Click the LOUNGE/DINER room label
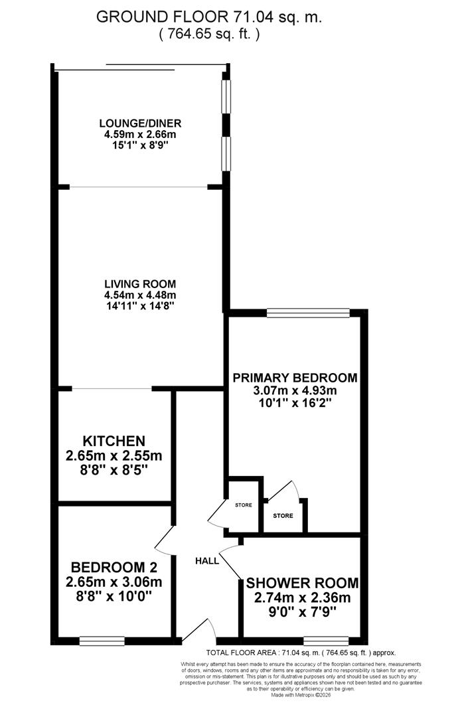point(140,123)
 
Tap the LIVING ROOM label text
point(140,283)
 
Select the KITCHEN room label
point(114,441)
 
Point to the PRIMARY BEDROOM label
point(295,378)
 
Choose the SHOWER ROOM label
point(302,584)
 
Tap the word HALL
point(207,561)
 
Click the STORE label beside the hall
point(244,505)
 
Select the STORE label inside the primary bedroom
point(283,515)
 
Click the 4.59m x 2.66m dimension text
point(140,135)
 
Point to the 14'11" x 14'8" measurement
point(140,306)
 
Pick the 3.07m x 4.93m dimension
point(295,390)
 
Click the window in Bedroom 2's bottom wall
point(102,641)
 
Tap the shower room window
point(327,641)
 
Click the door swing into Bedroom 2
point(165,541)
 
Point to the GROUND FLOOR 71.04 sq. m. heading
point(209,18)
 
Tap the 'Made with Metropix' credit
point(301,695)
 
